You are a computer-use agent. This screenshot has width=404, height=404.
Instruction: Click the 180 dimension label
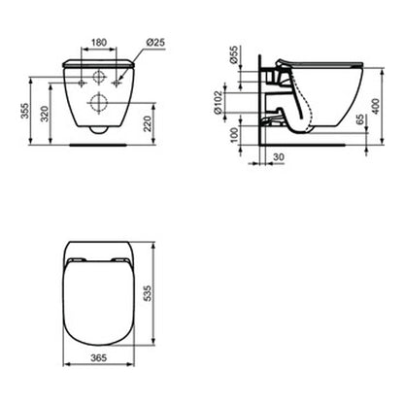pyautogui.click(x=99, y=43)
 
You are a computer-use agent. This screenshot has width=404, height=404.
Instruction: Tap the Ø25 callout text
pyautogui.click(x=155, y=42)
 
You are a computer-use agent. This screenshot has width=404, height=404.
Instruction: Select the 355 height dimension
pyautogui.click(x=25, y=111)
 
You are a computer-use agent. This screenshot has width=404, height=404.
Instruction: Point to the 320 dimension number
pyautogui.click(x=45, y=114)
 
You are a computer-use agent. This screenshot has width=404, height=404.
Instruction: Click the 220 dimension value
pyautogui.click(x=147, y=124)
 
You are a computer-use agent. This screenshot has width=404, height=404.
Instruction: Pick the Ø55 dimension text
pyautogui.click(x=233, y=54)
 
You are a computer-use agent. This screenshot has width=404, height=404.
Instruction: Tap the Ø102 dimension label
pyautogui.click(x=219, y=103)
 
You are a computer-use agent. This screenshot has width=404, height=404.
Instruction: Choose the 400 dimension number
pyautogui.click(x=375, y=106)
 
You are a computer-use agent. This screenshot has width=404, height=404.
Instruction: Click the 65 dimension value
pyautogui.click(x=359, y=119)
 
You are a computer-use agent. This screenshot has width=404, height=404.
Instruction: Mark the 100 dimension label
pyautogui.click(x=234, y=135)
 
